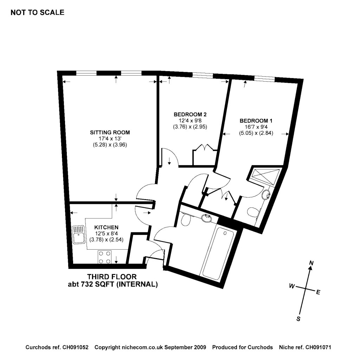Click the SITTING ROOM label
110,133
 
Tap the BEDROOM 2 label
190,114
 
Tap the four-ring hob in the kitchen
104,257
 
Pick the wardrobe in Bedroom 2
204,157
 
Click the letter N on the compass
311,263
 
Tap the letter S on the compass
298,319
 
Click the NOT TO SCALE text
38,13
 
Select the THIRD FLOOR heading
112,277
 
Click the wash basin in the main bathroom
207,218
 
